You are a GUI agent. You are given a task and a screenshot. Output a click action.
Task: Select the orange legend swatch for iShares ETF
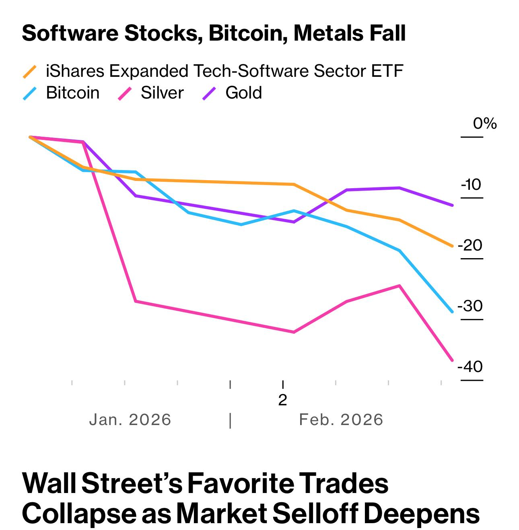[x=30, y=72]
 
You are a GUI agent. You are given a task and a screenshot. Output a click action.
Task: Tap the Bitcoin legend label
[x=73, y=93]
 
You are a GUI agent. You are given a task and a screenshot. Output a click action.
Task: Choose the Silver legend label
[x=162, y=93]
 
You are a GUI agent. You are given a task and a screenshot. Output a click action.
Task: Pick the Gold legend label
[x=244, y=93]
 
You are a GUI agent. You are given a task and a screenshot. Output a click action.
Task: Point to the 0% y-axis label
[x=484, y=123]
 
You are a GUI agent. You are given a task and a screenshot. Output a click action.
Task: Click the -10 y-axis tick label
[x=471, y=185]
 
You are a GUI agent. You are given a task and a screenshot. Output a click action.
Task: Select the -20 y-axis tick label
[x=470, y=245]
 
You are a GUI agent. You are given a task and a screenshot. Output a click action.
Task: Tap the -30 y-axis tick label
[x=470, y=306]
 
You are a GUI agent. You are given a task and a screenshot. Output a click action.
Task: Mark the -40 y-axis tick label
[x=470, y=367]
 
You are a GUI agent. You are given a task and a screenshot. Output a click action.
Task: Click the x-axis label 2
[x=283, y=400]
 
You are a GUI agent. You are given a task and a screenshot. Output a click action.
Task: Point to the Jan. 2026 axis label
[x=130, y=420]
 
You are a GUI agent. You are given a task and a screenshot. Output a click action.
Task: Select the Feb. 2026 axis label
[x=341, y=420]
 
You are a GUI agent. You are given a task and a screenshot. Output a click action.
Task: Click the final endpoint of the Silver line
[x=452, y=360]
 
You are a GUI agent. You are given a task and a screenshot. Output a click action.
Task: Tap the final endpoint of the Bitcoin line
[x=452, y=311]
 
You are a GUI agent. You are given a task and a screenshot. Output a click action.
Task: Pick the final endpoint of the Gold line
[x=452, y=205]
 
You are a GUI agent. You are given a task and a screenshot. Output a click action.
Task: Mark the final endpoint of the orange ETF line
[x=452, y=246]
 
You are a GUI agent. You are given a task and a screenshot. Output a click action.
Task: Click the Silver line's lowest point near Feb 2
[x=294, y=332]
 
